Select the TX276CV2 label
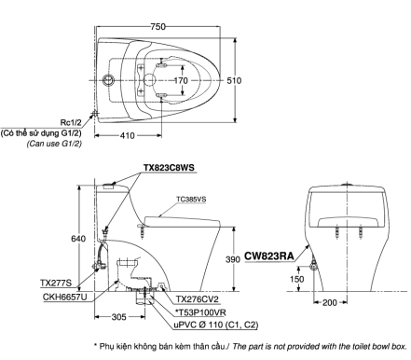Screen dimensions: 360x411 pyautogui.click(x=200, y=296)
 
